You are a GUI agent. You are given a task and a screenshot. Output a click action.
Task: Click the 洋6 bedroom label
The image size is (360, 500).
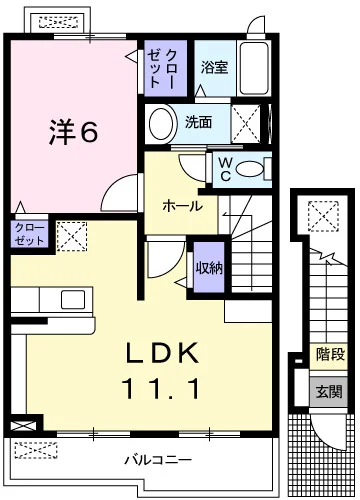point(74,132)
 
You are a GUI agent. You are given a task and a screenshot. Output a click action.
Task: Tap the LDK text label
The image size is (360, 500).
point(162,353)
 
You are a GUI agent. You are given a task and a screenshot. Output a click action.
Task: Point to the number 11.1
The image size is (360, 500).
point(161,389)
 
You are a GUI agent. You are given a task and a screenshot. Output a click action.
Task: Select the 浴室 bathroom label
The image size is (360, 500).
point(214,67)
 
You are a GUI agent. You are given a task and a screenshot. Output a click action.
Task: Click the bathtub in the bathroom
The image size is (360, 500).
point(254,68)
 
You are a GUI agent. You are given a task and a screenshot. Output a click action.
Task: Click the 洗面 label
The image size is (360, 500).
point(198,122)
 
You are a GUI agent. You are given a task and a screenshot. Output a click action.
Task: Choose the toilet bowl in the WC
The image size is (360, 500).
point(249,169)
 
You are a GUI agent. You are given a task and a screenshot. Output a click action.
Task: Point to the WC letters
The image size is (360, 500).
point(226,169)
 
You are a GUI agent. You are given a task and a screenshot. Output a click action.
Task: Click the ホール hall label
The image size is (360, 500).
point(182,206)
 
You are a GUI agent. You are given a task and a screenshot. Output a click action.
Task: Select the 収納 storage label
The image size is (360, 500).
point(209,267)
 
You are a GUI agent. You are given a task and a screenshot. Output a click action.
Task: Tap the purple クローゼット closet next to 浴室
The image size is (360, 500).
point(165,68)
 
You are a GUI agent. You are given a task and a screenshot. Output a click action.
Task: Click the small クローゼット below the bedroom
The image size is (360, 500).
point(29,234)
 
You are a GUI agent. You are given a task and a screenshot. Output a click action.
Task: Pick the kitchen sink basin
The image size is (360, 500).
point(73,299)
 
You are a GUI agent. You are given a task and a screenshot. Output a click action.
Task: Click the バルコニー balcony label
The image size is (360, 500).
point(158,460)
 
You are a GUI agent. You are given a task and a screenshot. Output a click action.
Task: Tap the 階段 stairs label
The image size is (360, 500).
point(330,354)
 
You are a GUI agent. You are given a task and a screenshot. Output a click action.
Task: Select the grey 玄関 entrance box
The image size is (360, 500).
point(329,391)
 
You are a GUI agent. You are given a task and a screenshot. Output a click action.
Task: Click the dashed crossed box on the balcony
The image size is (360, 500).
point(36,450)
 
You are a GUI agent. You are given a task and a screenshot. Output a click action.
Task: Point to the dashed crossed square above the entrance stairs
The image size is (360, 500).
point(323,216)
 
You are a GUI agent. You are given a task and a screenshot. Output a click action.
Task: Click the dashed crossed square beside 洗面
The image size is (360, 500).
point(246,123)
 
